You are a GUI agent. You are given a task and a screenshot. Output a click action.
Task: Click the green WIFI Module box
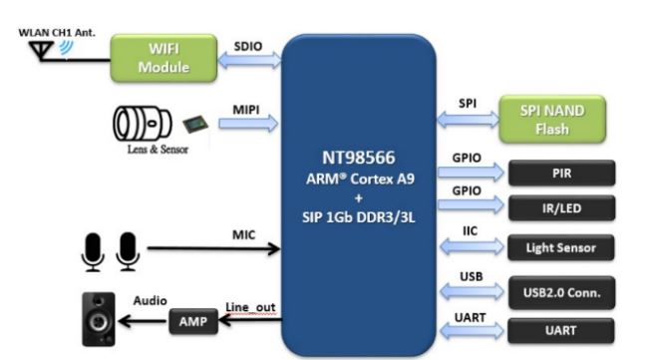(163, 58)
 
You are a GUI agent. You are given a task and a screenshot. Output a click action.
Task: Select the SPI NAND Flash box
(552, 120)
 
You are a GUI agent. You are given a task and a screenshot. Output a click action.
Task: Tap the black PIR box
(561, 173)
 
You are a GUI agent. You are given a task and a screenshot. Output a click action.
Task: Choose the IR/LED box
(561, 208)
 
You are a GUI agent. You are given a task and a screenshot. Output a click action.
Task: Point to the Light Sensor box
(561, 247)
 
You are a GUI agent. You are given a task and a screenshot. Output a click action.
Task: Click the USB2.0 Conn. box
(561, 292)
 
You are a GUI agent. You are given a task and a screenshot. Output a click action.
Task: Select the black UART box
(561, 330)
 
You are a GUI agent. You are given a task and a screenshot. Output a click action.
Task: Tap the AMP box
(193, 321)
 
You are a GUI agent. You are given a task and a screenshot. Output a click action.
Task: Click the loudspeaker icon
(99, 319)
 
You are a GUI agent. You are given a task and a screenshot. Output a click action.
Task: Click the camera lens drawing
(142, 124)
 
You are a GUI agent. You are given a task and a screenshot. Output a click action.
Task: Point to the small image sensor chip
(195, 124)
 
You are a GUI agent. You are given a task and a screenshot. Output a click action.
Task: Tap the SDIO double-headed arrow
(249, 61)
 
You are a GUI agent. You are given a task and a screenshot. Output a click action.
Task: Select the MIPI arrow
(248, 124)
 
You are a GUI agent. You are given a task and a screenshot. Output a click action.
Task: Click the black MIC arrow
(213, 248)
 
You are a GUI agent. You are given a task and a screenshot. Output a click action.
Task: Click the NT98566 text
(359, 158)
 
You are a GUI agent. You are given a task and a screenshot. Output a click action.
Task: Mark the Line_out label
(250, 307)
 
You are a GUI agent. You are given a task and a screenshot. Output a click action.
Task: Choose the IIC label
(470, 230)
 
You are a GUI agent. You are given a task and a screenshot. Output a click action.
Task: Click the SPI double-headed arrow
(469, 120)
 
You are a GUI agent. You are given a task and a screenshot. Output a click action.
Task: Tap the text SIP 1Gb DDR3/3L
(359, 217)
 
